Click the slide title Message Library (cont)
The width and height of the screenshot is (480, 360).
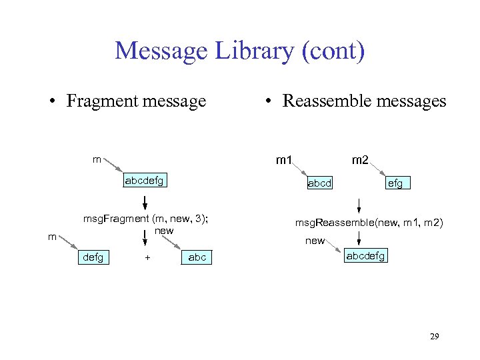[x=239, y=51]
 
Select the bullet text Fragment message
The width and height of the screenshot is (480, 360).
[x=136, y=101]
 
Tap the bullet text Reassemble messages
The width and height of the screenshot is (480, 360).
[x=364, y=101]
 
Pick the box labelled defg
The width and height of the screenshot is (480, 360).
[x=94, y=257]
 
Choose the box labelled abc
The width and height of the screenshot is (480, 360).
[x=197, y=257]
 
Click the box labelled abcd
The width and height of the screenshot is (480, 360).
[x=319, y=183]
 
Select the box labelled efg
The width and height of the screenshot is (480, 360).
[x=395, y=183]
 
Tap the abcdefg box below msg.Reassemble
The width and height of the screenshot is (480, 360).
[x=365, y=255]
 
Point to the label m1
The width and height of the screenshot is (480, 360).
[x=284, y=160]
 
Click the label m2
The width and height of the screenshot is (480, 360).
[x=360, y=160]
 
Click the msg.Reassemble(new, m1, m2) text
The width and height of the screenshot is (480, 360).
[x=369, y=222]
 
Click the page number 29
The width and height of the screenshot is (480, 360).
[x=434, y=337]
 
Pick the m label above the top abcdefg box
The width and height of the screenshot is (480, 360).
[x=97, y=159]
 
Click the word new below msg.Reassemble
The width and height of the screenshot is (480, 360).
[x=315, y=241]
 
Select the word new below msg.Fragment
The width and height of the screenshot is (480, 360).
[x=164, y=231]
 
